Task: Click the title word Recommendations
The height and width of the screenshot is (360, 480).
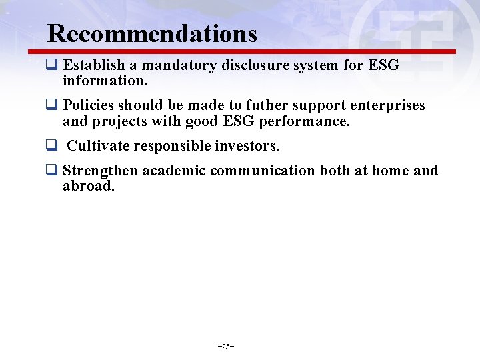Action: [153, 33]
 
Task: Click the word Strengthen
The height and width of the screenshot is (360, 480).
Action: [101, 171]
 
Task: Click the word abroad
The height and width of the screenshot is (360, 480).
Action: [89, 187]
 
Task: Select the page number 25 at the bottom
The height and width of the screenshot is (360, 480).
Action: [226, 347]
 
